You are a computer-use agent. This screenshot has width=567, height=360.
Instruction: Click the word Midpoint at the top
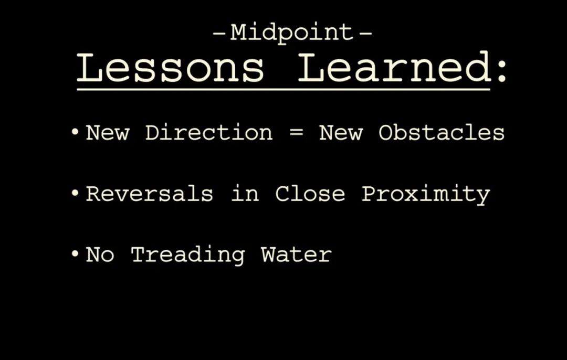291,33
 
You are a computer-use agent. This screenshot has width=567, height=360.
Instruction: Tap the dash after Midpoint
365,34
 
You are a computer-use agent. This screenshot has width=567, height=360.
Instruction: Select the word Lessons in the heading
170,68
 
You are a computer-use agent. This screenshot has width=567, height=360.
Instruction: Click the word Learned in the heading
394,67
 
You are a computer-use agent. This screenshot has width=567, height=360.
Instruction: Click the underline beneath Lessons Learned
283,89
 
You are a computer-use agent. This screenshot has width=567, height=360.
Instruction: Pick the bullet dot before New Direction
75,132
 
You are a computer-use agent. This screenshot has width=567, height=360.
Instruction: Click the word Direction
208,132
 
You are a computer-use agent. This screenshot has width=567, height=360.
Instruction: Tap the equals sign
297,133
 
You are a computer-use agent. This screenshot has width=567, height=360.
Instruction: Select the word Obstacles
441,132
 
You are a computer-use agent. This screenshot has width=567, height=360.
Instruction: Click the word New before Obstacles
341,132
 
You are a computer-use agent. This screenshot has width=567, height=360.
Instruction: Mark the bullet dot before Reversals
75,193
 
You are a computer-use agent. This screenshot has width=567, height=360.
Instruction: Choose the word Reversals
149,194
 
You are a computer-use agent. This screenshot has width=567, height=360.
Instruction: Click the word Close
310,194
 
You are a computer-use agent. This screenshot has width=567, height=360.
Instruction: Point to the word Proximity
426,195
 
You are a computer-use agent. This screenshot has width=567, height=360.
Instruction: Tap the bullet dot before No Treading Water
75,254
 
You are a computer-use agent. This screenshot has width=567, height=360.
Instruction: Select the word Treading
187,255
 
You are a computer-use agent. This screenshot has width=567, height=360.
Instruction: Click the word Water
296,255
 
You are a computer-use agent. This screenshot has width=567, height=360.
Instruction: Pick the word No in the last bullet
100,255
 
